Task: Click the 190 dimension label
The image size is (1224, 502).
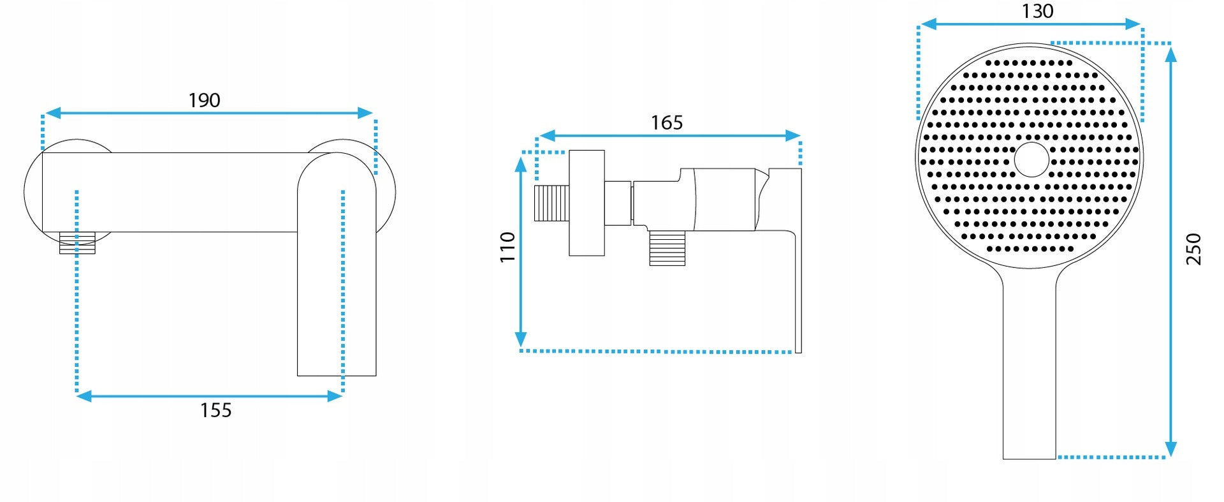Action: (x=204, y=100)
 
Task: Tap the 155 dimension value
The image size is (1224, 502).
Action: (x=215, y=410)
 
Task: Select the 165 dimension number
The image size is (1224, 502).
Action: (x=667, y=122)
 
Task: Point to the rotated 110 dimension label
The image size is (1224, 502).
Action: (x=507, y=247)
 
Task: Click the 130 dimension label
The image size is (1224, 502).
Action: (x=1037, y=11)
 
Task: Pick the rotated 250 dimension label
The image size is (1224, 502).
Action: (x=1193, y=249)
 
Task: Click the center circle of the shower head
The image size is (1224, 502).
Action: (x=1031, y=159)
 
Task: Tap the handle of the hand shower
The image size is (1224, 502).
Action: (x=1030, y=364)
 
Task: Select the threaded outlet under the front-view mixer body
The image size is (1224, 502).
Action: (x=77, y=243)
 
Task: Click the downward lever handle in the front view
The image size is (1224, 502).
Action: (x=337, y=268)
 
